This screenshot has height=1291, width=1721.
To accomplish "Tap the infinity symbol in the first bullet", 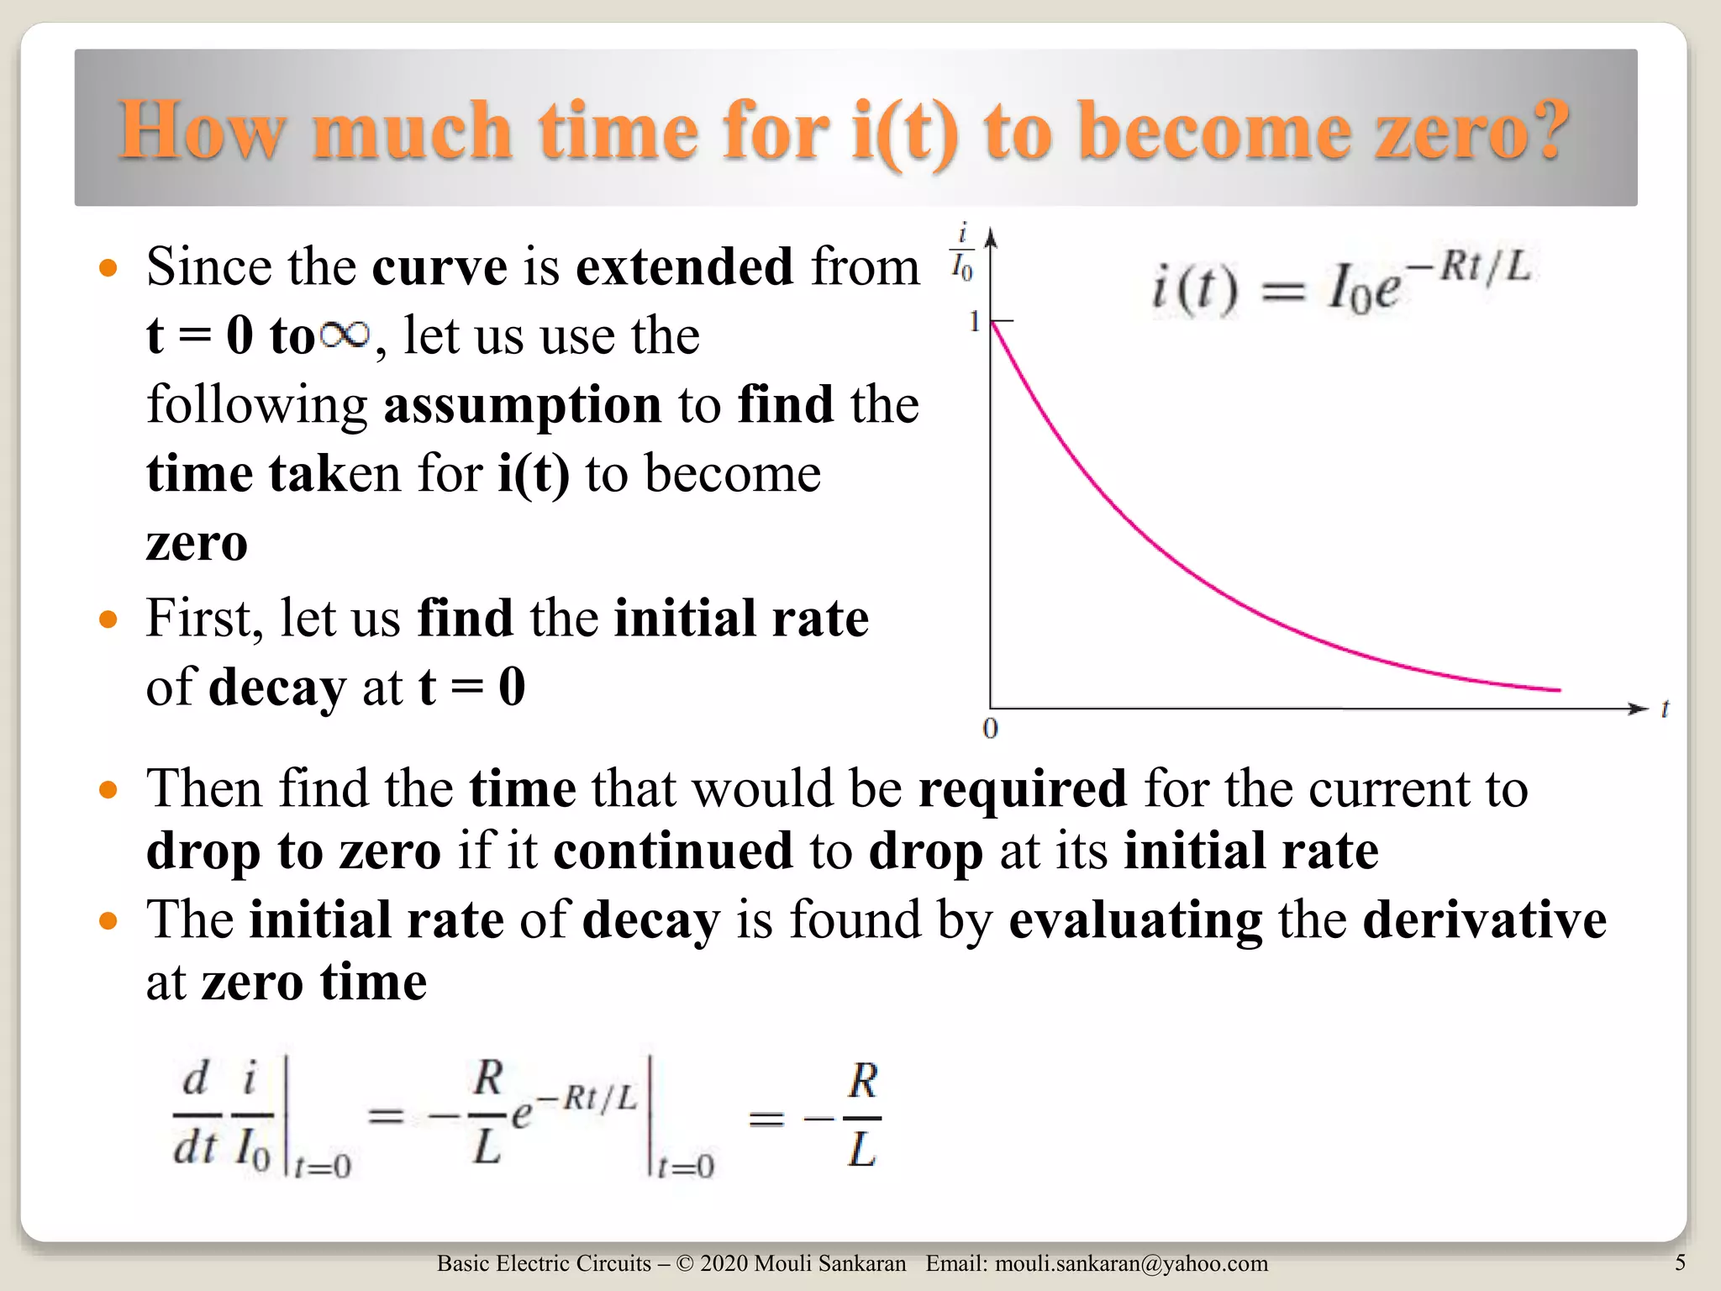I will (345, 335).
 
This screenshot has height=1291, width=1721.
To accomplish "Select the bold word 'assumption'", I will (523, 405).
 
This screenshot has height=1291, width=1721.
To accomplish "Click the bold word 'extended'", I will (684, 267).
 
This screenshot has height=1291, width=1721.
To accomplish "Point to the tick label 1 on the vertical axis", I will (974, 321).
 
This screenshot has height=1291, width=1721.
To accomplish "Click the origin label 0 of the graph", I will (990, 728).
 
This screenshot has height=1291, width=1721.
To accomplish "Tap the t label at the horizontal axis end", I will (1664, 709).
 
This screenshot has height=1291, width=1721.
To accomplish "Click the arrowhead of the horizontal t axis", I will (1639, 709).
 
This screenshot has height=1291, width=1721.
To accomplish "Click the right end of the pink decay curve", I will (1559, 690).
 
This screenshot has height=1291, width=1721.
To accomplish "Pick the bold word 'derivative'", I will (1484, 920).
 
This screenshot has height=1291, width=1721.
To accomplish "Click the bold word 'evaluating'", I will (1135, 920).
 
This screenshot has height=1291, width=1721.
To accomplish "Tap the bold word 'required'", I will (1022, 788).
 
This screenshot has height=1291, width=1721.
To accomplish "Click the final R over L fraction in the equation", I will (862, 1115).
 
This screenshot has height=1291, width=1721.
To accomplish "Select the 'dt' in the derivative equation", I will (195, 1146).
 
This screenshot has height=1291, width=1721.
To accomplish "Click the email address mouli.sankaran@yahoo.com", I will (1131, 1263).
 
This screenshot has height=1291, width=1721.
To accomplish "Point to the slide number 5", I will (1680, 1262).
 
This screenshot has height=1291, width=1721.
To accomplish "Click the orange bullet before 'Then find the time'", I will (108, 790).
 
